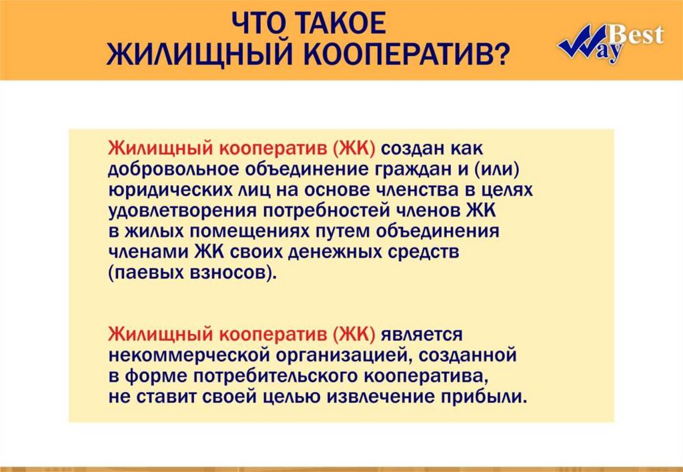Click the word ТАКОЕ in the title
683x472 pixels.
tap(341, 23)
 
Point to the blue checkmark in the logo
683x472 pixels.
tap(582, 41)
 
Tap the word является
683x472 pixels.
tap(422, 335)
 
